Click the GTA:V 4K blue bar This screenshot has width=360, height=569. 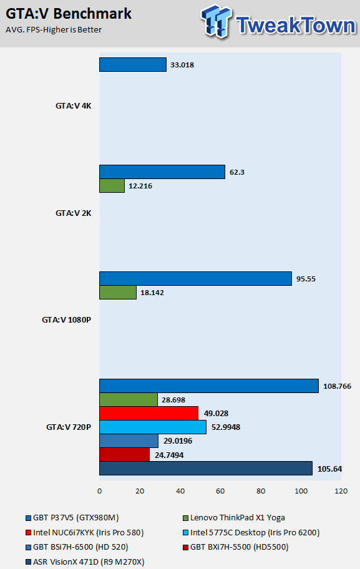(x=133, y=65)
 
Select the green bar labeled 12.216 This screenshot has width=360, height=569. (x=112, y=185)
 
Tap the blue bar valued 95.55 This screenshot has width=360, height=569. (x=196, y=278)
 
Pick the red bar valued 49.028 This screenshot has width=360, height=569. (x=148, y=413)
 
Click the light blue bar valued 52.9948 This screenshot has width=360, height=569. (x=153, y=427)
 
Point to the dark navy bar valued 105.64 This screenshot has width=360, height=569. (x=206, y=468)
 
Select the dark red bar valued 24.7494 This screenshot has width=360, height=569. (x=125, y=455)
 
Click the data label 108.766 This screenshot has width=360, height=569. (x=337, y=386)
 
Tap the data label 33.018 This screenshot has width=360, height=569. (x=182, y=65)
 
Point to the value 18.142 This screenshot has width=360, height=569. (x=152, y=293)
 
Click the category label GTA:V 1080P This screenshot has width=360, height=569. (x=66, y=319)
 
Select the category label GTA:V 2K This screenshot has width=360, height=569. (x=73, y=213)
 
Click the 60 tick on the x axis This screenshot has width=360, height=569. (x=220, y=491)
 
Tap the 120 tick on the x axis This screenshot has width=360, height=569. (x=341, y=491)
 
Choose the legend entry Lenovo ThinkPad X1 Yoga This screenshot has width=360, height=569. (x=234, y=517)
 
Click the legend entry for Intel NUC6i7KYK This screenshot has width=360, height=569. (x=85, y=532)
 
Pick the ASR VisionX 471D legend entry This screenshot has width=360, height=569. (x=85, y=562)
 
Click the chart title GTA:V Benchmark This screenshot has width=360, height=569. (x=69, y=14)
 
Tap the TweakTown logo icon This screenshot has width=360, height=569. (x=216, y=21)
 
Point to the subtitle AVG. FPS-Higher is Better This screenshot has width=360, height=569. (x=54, y=30)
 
